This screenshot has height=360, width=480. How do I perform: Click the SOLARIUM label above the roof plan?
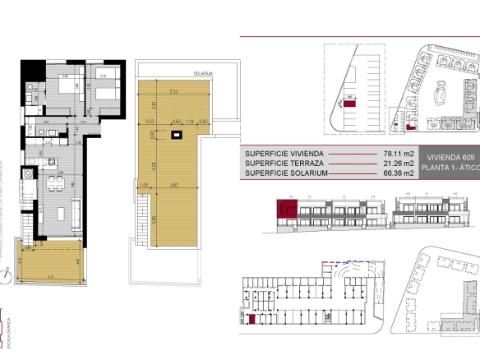point(203,74)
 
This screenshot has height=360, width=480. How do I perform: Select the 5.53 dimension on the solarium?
point(173,91)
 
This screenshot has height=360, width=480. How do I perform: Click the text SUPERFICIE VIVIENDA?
point(284,154)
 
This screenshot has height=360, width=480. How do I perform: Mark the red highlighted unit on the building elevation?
point(288,209)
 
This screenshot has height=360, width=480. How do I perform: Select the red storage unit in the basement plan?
point(252,318)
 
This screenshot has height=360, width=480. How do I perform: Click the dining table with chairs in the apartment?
point(55,181)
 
